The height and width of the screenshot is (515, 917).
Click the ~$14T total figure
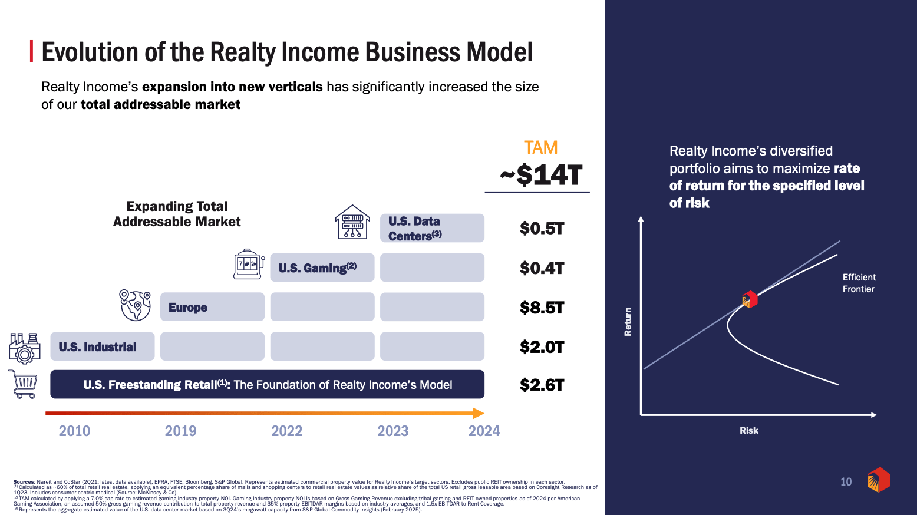coord(541,175)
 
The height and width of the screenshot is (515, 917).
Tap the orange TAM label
coord(541,148)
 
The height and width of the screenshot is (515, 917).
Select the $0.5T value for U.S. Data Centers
coord(542,229)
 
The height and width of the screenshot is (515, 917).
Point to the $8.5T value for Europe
coord(542,308)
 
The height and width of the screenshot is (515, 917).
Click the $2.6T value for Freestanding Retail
coord(542,385)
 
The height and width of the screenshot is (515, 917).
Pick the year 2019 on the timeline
coord(180,431)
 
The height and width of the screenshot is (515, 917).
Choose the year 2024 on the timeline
coord(484,431)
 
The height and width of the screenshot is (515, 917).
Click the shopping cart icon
coord(24,384)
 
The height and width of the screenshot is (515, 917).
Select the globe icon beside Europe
coord(135,305)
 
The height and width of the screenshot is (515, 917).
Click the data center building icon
coord(352,222)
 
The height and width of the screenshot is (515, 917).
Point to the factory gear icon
coord(25,348)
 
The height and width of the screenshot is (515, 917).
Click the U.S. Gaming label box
coord(322,268)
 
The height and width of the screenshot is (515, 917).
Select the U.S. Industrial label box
coord(103,346)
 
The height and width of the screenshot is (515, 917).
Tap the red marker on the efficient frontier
coord(750,299)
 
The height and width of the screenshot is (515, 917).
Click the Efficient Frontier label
coord(859,283)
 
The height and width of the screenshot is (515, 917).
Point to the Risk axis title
coord(749,430)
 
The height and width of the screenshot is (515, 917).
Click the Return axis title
coord(628,322)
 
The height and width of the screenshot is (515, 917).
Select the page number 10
coord(846,481)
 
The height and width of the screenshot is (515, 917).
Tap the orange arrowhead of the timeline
coord(479,413)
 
